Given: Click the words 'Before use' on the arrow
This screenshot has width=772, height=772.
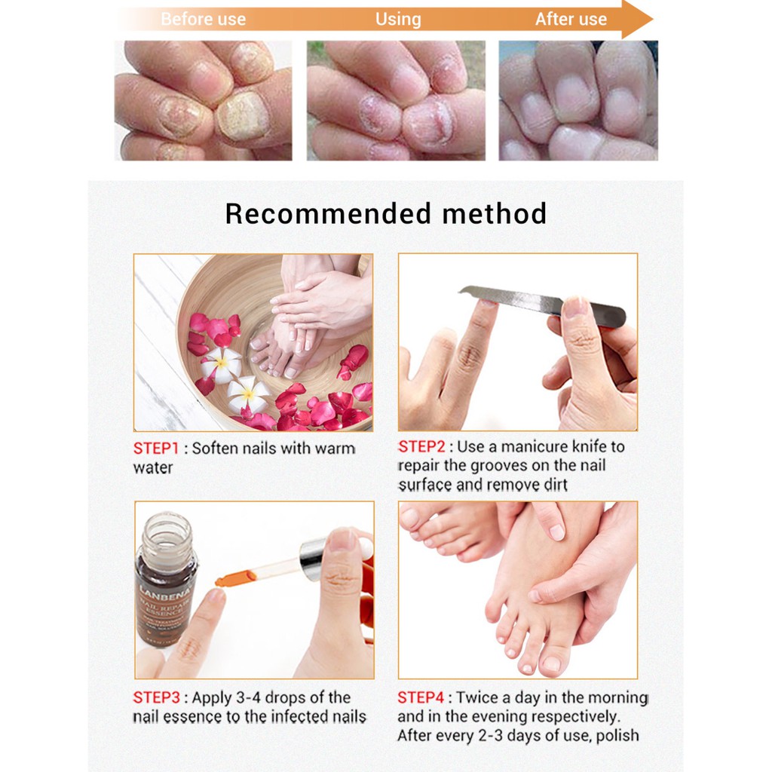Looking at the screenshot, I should pos(203,20).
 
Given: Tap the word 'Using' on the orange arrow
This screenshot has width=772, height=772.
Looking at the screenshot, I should pos(398,20).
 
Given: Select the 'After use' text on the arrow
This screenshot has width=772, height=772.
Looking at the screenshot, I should pos(571,20).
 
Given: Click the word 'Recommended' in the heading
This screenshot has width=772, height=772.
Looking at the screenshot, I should pos(327,214).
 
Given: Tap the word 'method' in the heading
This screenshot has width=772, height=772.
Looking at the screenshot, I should pos(494,214).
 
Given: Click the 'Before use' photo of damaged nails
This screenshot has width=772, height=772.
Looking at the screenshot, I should pos(203,100).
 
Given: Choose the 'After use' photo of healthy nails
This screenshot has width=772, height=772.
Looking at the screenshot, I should pos(578,100).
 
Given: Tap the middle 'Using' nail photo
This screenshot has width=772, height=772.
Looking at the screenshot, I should pos(396,100).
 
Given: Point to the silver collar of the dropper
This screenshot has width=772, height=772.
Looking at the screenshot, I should pos(311,558).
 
